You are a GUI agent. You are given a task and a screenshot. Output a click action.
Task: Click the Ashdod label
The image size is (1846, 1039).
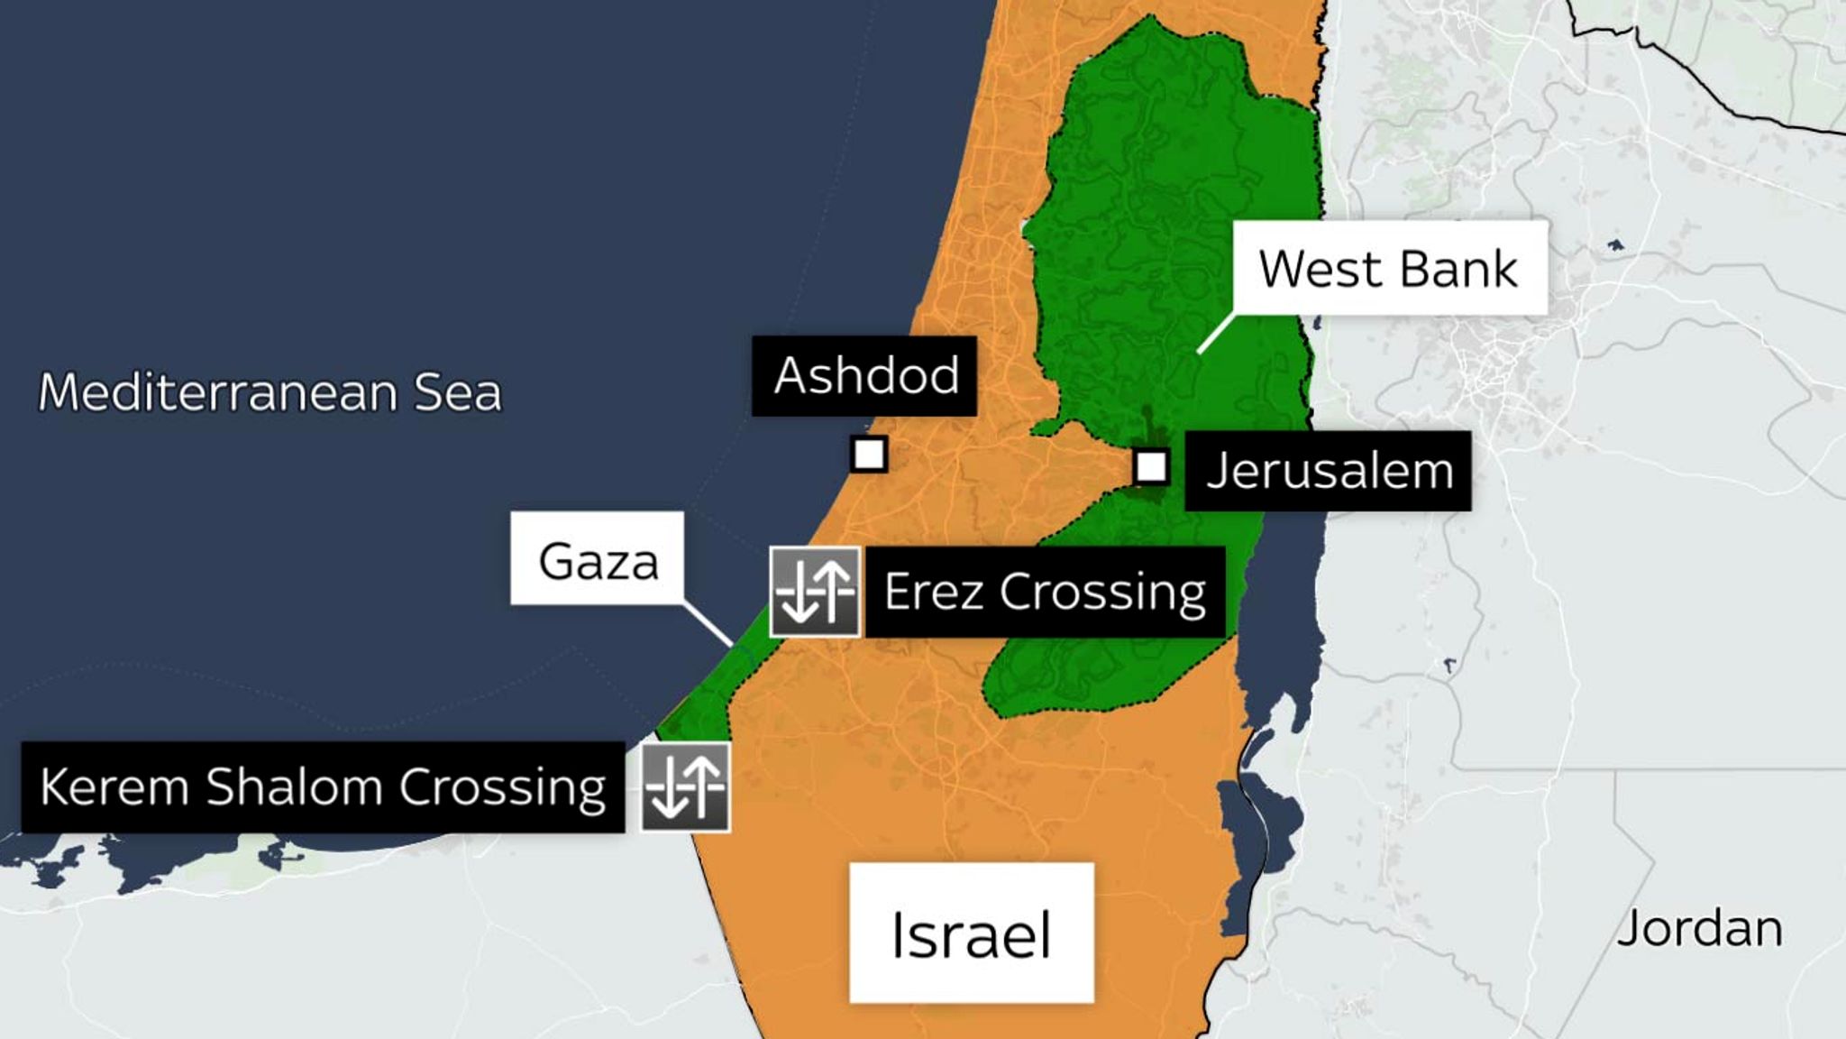pos(864,375)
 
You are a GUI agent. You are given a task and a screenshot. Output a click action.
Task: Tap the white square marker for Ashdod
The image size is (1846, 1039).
pos(869,454)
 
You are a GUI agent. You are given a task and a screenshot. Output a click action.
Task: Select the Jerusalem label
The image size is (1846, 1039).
pos(1328,471)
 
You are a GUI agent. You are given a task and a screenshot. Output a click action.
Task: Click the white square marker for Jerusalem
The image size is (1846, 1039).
pos(1151,466)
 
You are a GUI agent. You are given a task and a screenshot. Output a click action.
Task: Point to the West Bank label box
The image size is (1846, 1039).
pos(1389,269)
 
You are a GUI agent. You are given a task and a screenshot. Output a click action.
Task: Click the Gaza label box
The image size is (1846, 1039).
pos(598,559)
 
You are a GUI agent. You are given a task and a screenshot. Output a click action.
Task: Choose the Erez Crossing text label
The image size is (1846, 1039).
pos(1045,592)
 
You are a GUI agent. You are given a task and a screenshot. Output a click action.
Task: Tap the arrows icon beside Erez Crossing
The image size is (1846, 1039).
pos(815,592)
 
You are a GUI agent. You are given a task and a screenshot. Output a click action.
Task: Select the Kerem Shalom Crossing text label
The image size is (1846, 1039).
pos(323,786)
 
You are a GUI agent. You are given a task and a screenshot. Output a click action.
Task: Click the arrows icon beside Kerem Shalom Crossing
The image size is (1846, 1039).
pos(685,787)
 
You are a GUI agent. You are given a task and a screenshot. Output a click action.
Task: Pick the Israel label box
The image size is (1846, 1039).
pos(972,933)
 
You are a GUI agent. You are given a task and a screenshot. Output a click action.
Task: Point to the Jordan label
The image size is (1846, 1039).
pos(1699,928)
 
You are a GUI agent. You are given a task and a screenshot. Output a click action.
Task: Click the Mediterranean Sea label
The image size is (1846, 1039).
pos(270,392)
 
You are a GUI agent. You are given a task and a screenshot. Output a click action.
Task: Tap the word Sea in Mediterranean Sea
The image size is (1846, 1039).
pos(457,392)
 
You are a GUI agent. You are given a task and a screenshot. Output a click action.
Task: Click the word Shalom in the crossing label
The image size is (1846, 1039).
pos(294,786)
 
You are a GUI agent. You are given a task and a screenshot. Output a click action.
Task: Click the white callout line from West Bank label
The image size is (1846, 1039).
pos(1215,334)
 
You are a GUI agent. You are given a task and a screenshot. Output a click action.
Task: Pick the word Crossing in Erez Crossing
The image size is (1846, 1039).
pos(1101,593)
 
